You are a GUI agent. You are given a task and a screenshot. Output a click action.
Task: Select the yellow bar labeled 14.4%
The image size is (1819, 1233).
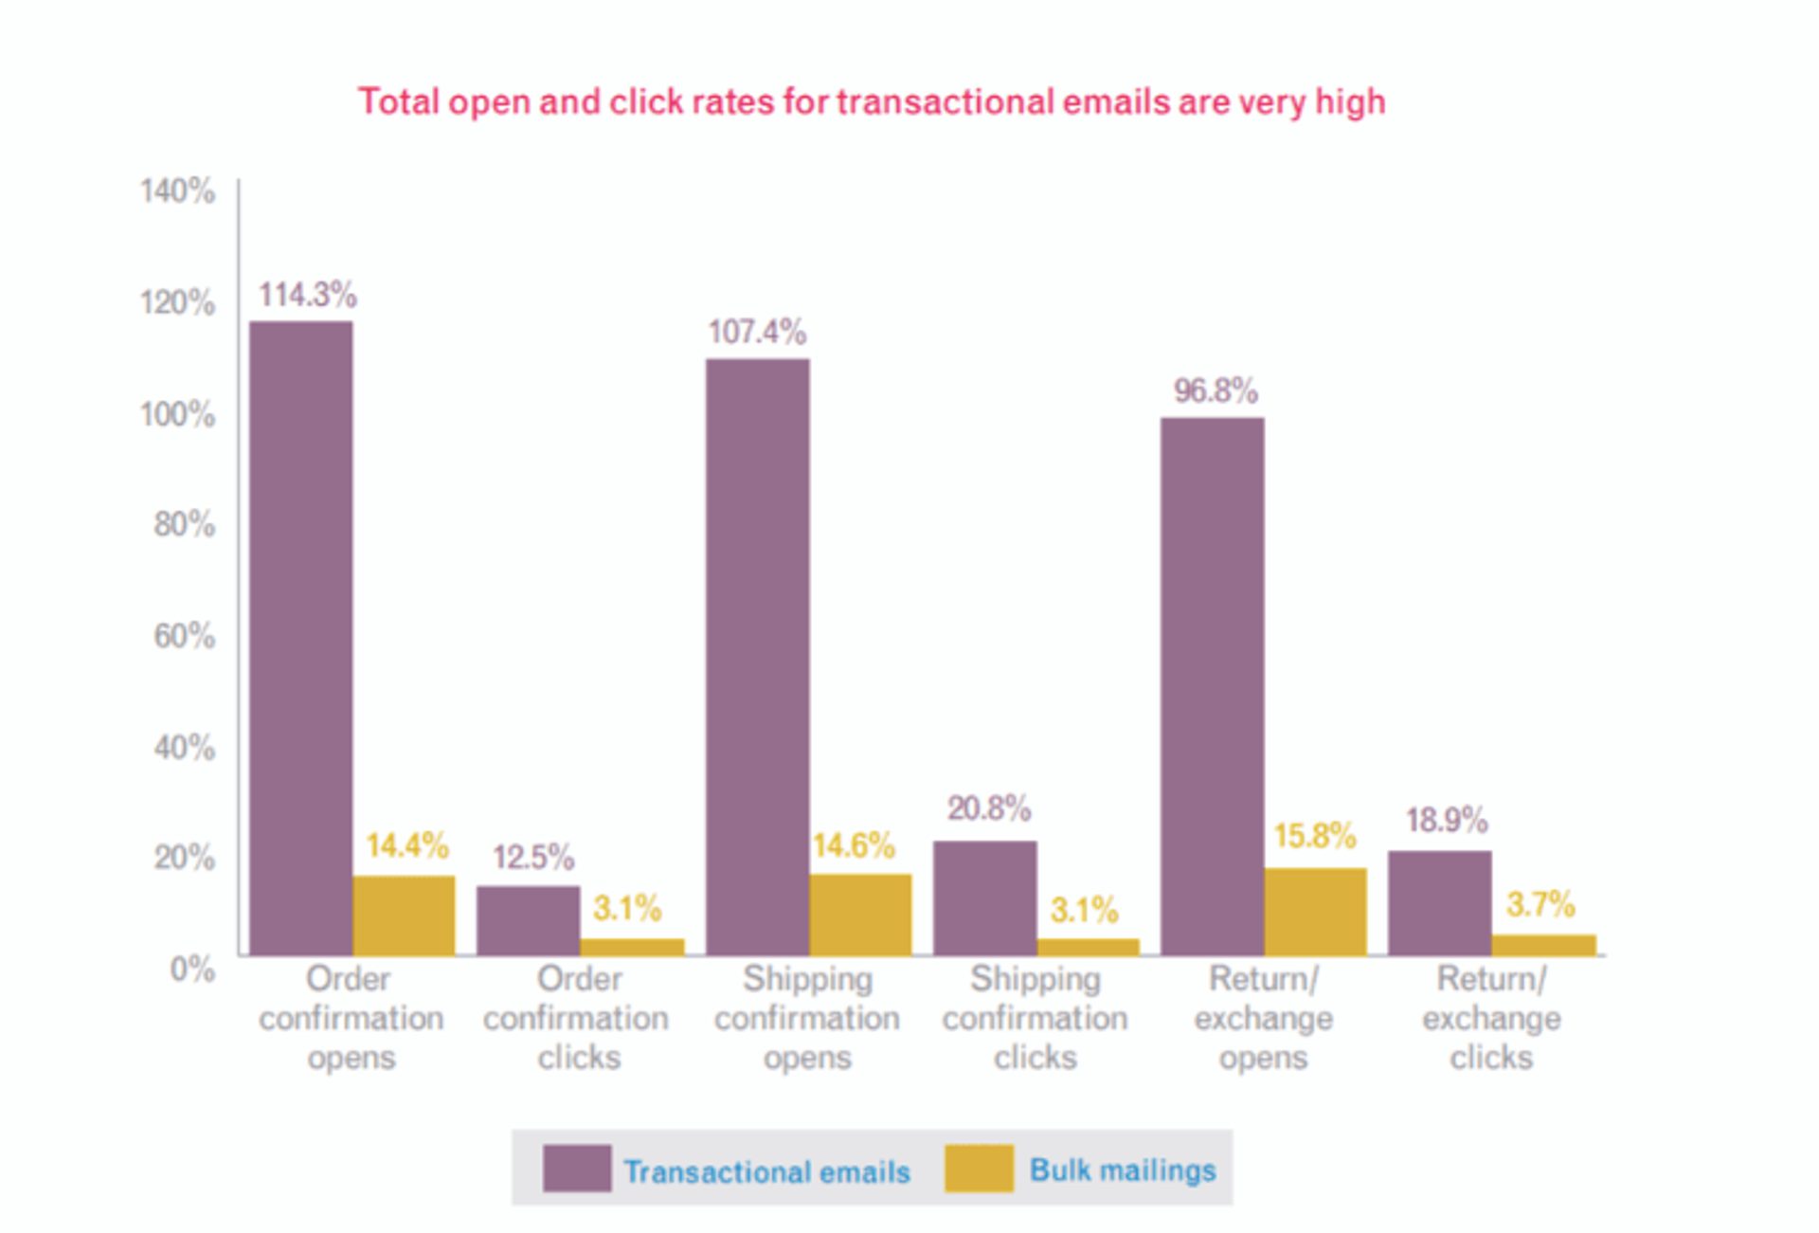[404, 915]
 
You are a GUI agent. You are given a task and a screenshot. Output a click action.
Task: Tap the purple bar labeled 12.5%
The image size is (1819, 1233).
[529, 920]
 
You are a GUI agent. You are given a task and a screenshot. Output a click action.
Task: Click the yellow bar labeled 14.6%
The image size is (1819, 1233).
[860, 914]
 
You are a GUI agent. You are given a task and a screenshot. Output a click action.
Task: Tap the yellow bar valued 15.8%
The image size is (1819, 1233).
[1315, 911]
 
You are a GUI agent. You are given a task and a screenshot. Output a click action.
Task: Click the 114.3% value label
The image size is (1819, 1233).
[308, 295]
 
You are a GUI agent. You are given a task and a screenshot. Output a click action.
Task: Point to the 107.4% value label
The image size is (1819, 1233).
[757, 332]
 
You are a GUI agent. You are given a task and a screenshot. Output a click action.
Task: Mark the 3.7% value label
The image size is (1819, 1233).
[1540, 904]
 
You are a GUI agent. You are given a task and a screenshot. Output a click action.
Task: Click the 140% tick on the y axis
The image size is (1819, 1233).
[177, 190]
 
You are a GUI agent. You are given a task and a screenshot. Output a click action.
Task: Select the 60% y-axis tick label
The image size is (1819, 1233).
[184, 635]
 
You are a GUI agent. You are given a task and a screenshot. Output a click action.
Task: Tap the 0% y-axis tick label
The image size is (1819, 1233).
[192, 969]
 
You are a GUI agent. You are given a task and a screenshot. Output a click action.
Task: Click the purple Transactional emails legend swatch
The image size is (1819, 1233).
[576, 1168]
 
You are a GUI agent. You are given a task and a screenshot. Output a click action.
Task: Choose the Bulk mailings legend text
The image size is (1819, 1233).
[1123, 1170]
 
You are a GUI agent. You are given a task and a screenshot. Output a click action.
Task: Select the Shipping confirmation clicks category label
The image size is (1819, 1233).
[1035, 1018]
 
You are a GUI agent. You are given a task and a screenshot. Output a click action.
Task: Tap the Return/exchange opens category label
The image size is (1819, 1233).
[1263, 1018]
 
